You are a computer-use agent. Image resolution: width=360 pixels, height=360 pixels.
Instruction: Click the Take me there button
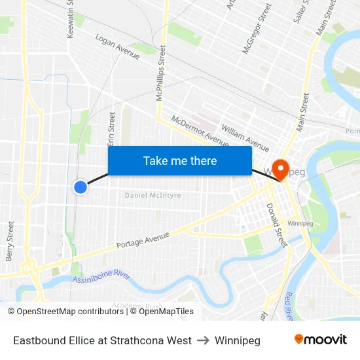click(x=180, y=161)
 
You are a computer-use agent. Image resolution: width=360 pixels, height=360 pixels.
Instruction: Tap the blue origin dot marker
click(x=81, y=187)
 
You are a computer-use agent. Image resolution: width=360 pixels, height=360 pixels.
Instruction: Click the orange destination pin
click(x=281, y=170)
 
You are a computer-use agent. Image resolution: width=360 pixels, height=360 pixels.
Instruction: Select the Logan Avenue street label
click(x=118, y=48)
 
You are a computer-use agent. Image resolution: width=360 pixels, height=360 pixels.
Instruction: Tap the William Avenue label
click(x=245, y=138)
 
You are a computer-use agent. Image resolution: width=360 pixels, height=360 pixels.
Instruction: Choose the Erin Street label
click(x=111, y=129)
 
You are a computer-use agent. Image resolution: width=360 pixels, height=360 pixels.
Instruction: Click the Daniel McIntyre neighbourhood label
click(x=153, y=195)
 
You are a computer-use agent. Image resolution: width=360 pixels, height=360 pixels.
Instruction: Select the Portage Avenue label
click(x=143, y=240)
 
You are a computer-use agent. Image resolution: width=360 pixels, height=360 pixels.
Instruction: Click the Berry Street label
click(x=10, y=241)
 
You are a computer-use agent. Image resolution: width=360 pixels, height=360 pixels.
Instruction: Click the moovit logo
click(x=320, y=339)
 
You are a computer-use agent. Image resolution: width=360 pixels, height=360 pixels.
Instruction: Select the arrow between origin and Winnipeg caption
click(x=204, y=340)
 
